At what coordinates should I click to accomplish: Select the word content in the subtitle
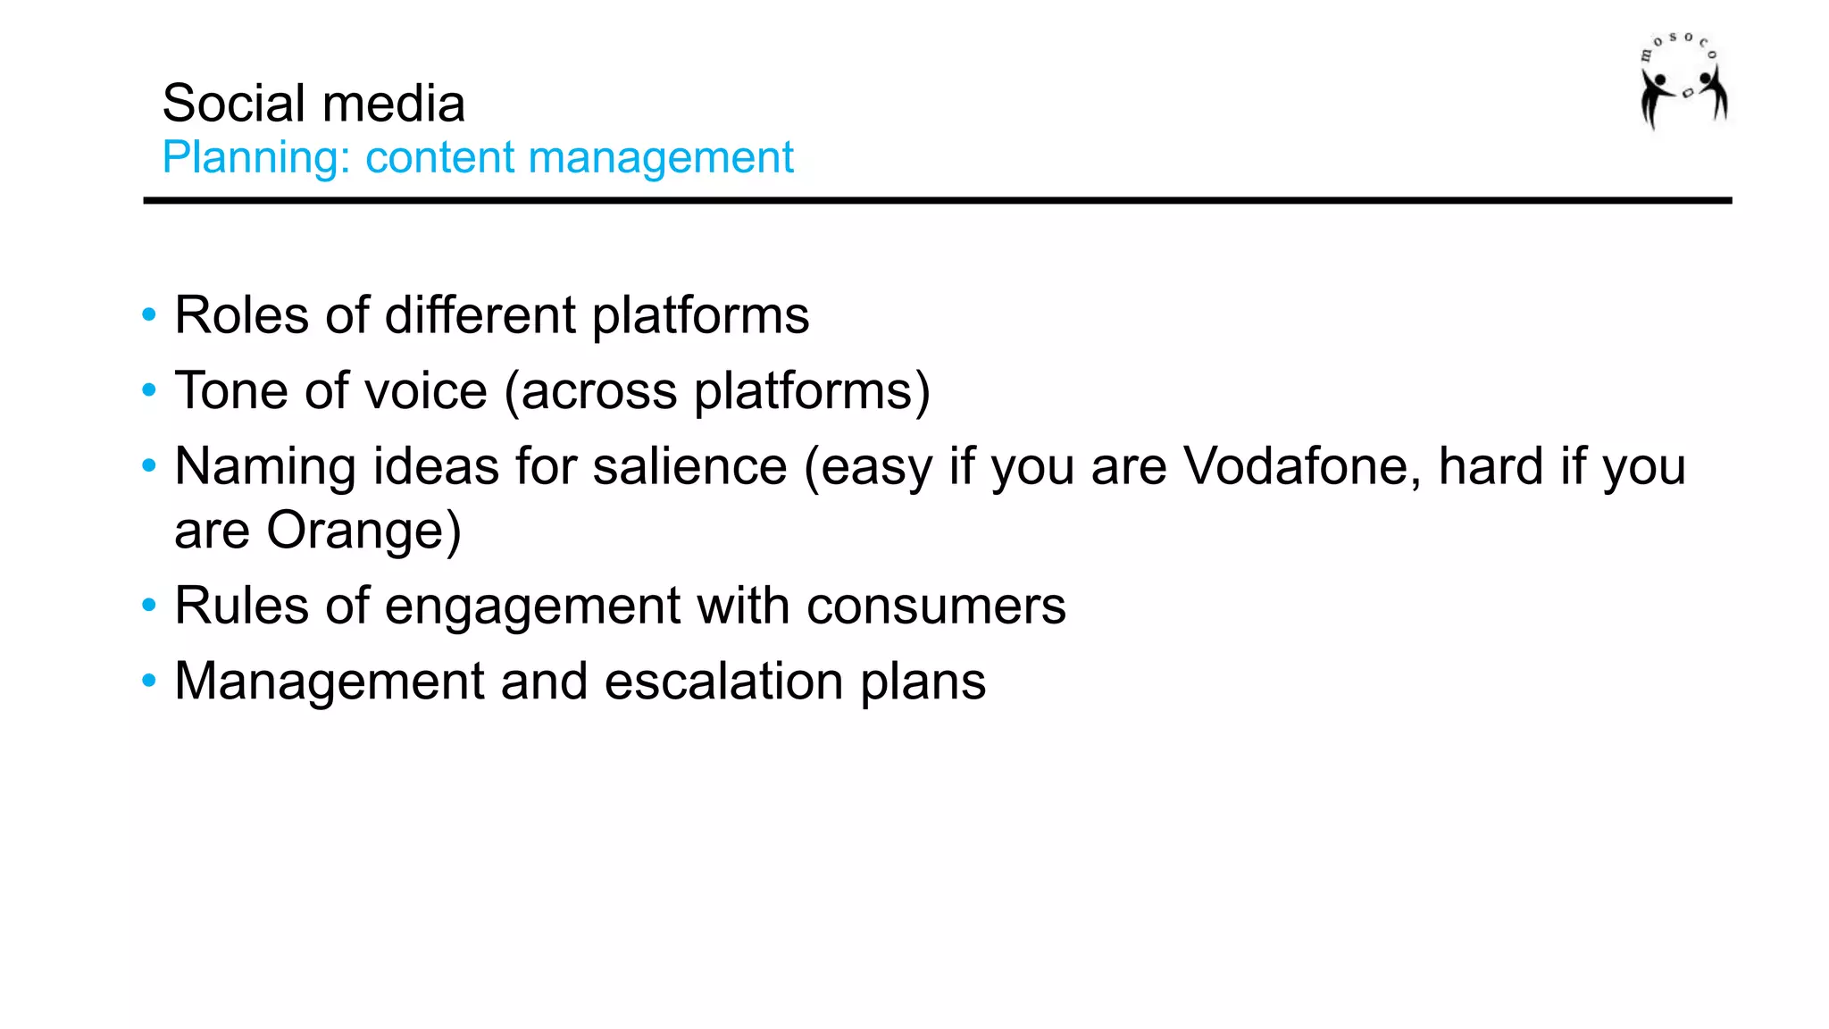(439, 158)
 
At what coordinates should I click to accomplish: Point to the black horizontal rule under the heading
(938, 201)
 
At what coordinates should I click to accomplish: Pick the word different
(480, 315)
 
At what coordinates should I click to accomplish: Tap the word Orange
(363, 531)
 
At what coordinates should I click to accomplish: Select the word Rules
(241, 607)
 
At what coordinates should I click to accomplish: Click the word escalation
(723, 682)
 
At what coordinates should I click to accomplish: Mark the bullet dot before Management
(149, 682)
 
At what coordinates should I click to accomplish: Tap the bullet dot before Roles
(149, 315)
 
